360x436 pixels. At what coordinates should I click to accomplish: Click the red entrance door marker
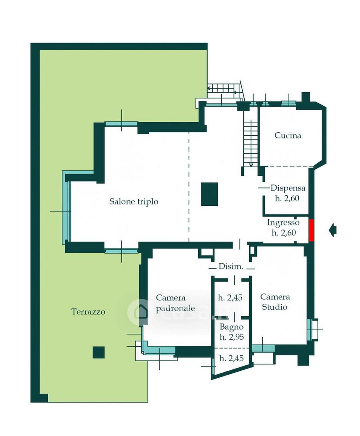(311, 230)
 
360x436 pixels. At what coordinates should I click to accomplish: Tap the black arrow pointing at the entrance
(333, 230)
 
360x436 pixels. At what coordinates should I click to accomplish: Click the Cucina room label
(288, 135)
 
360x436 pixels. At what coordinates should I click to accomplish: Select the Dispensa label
(288, 188)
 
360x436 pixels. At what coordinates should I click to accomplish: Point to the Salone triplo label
(133, 201)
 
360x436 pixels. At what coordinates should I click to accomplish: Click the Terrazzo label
(88, 312)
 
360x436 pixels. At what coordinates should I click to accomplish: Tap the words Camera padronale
(175, 303)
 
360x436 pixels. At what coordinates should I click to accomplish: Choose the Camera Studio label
(275, 302)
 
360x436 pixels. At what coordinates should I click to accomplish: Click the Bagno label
(231, 327)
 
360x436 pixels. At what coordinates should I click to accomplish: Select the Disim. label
(231, 266)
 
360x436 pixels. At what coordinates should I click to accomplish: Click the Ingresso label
(283, 223)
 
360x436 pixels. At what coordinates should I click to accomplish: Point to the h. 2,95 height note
(232, 337)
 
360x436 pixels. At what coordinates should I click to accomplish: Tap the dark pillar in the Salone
(210, 194)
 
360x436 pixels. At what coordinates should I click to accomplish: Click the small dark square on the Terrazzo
(99, 352)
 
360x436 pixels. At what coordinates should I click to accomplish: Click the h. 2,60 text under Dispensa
(287, 198)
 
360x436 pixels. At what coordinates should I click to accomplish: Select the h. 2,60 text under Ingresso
(283, 233)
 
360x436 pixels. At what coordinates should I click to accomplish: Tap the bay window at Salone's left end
(67, 208)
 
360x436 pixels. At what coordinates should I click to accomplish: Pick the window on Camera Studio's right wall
(311, 329)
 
